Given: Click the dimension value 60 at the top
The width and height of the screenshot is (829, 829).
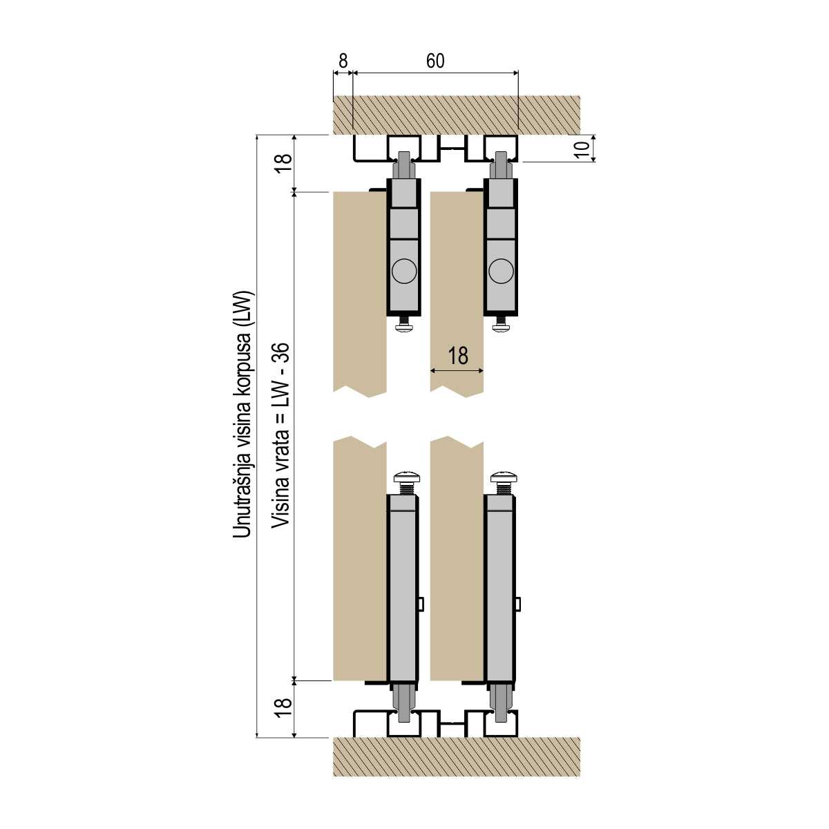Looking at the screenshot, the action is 435,61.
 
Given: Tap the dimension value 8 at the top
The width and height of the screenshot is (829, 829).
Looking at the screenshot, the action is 343,61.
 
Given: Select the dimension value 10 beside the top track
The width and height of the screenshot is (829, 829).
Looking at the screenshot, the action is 582,149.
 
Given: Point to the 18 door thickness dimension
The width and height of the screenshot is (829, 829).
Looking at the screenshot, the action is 458,356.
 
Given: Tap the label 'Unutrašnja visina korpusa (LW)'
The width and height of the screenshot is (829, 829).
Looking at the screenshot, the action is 243,414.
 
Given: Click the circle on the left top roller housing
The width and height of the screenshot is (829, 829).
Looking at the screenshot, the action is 404,271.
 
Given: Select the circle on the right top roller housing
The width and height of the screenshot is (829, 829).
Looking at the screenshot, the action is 501,271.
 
